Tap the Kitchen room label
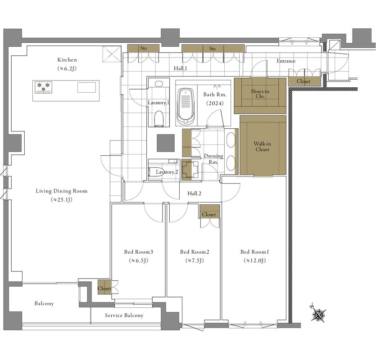[67, 60]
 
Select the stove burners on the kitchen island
[43, 87]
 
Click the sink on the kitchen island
[86, 87]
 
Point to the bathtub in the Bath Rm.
[186, 106]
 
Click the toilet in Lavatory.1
[159, 118]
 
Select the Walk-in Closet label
[263, 146]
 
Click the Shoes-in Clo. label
[260, 94]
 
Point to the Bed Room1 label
[255, 252]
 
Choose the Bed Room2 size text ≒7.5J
[195, 261]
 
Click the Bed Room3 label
[139, 252]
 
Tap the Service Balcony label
[124, 315]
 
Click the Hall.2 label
[194, 193]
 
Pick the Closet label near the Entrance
[304, 81]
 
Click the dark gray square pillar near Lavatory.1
[166, 143]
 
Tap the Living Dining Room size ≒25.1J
[62, 200]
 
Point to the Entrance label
[286, 61]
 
